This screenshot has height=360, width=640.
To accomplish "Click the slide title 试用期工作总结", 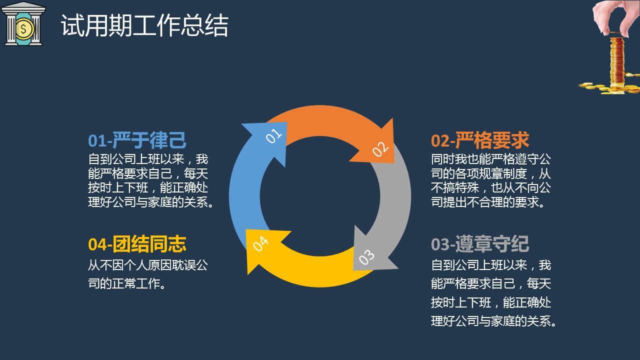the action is [x=144, y=25].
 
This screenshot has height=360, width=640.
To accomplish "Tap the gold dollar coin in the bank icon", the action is [x=24, y=29].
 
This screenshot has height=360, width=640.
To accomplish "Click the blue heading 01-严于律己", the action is [x=137, y=140].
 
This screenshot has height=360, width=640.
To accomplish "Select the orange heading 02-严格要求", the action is [x=480, y=140].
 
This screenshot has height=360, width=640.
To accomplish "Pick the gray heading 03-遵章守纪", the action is [x=480, y=244].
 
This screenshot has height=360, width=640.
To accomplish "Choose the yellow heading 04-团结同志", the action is [x=137, y=244].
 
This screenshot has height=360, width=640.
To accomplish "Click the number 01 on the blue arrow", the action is [x=273, y=135].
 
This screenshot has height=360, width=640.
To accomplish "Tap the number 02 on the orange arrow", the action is [x=380, y=149].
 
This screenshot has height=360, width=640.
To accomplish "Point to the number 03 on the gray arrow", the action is [x=366, y=257].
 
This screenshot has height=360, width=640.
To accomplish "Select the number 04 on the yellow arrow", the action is [x=260, y=243].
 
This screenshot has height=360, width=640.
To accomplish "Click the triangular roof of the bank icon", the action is [x=23, y=6].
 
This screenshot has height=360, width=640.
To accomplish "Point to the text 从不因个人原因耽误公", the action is [x=148, y=265].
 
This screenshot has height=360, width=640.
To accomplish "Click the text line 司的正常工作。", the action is [x=127, y=283].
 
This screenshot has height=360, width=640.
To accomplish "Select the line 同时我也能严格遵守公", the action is [x=491, y=159].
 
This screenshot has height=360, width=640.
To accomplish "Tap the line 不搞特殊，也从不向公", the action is [x=491, y=187].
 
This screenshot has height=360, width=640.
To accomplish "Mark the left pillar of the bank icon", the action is [x=11, y=29].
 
